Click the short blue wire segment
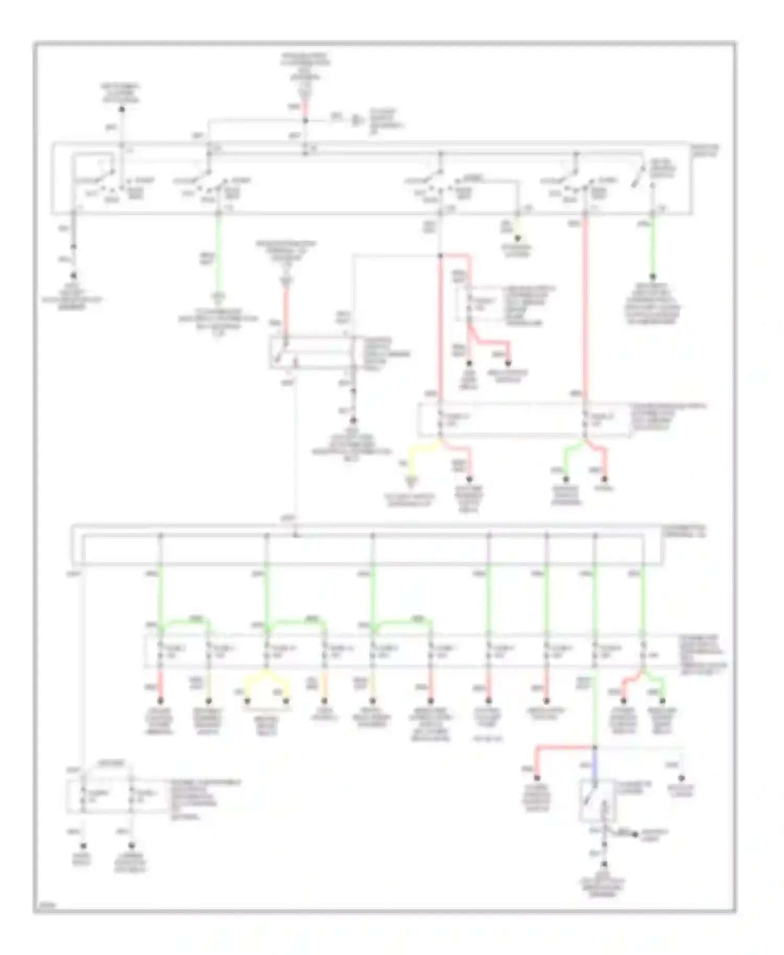pyautogui.click(x=595, y=766)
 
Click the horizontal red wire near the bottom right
pyautogui.click(x=564, y=748)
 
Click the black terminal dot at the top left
pyautogui.click(x=121, y=109)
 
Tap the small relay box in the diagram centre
pyautogui.click(x=312, y=353)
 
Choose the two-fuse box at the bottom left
pyautogui.click(x=107, y=795)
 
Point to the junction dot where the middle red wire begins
pyautogui.click(x=441, y=255)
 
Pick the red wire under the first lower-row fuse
pyautogui.click(x=161, y=684)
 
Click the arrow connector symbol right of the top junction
pyautogui.click(x=358, y=121)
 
